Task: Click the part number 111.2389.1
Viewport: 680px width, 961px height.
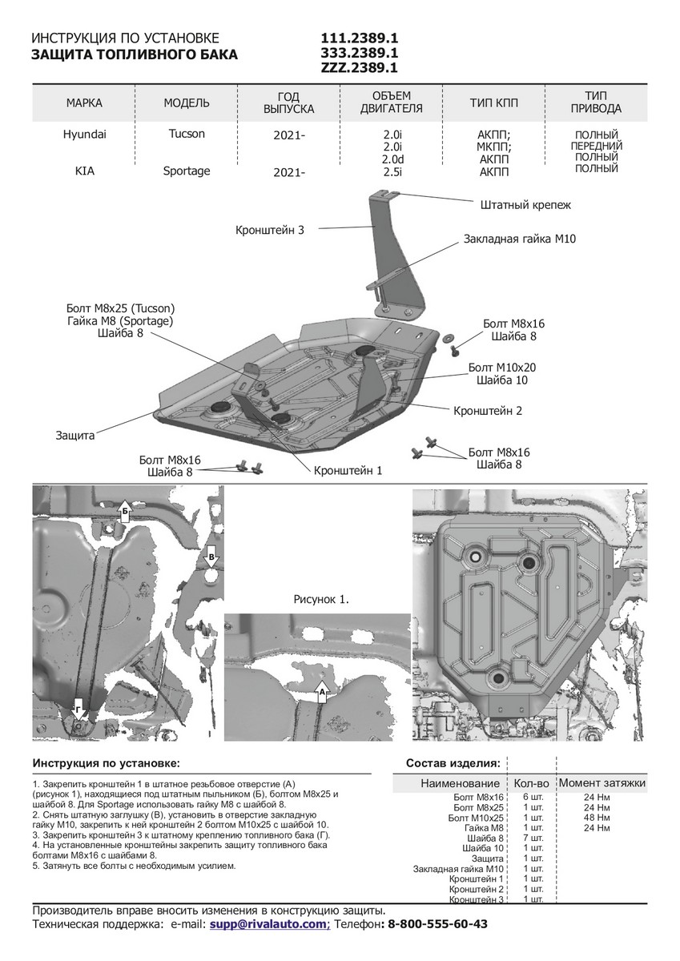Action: click(x=360, y=38)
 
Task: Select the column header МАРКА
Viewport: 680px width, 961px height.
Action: click(x=84, y=103)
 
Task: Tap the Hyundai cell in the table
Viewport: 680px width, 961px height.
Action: click(x=84, y=135)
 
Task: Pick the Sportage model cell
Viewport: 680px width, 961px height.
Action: click(x=187, y=171)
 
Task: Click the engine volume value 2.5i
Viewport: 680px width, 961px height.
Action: click(x=392, y=171)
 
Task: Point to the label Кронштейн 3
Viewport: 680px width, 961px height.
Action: click(x=270, y=230)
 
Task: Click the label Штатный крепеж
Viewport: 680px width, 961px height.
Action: click(x=525, y=205)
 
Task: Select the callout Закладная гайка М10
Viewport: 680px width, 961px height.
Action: click(x=519, y=239)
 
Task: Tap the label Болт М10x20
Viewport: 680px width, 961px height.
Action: click(x=502, y=368)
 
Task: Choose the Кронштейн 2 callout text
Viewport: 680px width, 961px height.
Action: click(x=488, y=411)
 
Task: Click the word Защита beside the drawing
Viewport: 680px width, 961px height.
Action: click(x=75, y=436)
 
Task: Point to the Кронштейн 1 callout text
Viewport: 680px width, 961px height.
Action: click(x=348, y=471)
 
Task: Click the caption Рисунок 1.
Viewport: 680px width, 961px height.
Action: click(x=322, y=598)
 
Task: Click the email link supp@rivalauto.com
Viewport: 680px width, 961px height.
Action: click(x=269, y=923)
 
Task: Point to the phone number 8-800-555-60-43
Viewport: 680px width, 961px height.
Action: click(x=437, y=923)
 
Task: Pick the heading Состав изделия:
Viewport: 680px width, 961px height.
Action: click(x=453, y=763)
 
